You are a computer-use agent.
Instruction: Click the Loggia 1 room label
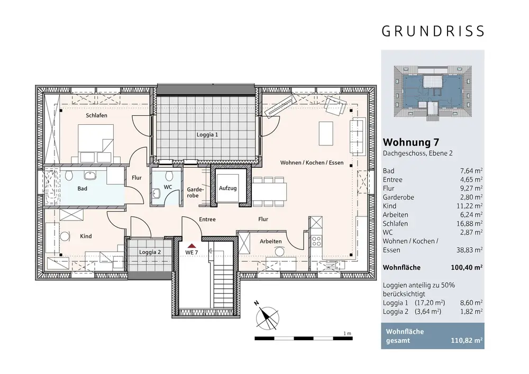[x=207, y=134]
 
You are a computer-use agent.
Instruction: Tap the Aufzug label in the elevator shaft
[x=227, y=188]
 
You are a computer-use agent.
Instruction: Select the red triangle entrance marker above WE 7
[x=191, y=246]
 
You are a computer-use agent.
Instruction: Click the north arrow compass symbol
[x=267, y=317]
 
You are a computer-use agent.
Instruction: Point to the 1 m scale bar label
[x=347, y=333]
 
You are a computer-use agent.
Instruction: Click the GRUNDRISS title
[x=433, y=31]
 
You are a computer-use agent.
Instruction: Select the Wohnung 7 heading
[x=411, y=142]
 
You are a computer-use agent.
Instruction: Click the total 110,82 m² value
[x=467, y=340]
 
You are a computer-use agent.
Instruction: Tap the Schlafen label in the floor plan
[x=96, y=115]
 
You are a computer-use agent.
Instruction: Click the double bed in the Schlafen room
[x=96, y=143]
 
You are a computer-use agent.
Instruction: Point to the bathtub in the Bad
[x=52, y=187]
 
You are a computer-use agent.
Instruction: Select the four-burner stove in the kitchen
[x=316, y=241]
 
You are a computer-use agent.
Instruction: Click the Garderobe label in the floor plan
[x=195, y=193]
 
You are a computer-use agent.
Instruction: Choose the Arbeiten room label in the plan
[x=270, y=241]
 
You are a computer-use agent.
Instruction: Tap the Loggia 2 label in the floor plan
[x=150, y=252]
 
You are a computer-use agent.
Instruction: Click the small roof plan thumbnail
[x=433, y=93]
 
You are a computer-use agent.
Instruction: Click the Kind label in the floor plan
[x=86, y=236]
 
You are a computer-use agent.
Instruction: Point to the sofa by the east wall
[x=358, y=136]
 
